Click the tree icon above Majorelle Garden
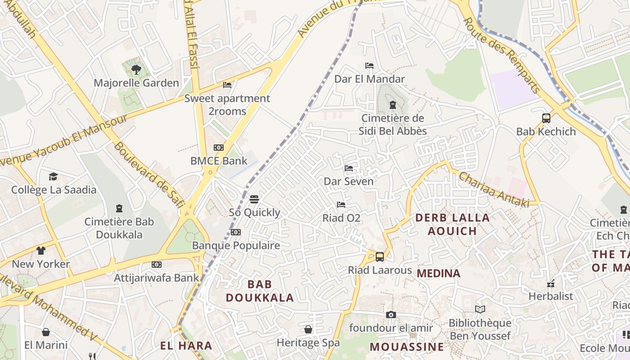(136, 69)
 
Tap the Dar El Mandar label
(369, 79)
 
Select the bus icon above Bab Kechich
(546, 118)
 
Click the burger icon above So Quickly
(254, 199)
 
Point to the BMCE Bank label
(219, 161)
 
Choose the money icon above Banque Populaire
(236, 232)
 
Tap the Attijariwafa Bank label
(156, 278)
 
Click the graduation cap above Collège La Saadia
(54, 176)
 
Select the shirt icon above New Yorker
(41, 251)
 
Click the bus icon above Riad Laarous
(380, 257)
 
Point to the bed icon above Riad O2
(341, 205)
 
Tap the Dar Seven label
(349, 181)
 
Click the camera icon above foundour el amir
(391, 315)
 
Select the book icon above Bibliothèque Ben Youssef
(480, 310)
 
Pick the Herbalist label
(551, 297)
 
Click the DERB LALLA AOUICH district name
(452, 224)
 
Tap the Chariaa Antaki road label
(494, 189)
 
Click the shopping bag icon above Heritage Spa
(308, 329)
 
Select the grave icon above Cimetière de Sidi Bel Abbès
(393, 105)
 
